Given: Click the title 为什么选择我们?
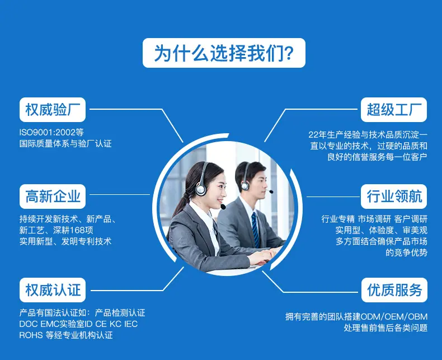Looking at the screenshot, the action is (x=224, y=53).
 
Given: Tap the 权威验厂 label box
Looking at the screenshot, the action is (x=53, y=110).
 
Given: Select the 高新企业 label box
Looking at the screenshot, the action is (x=53, y=197).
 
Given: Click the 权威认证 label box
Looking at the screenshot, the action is (x=53, y=290).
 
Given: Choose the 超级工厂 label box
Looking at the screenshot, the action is (x=394, y=110).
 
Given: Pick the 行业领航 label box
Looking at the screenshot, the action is (x=394, y=197).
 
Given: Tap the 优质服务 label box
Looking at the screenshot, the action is (x=394, y=290).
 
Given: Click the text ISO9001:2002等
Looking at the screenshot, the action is (x=51, y=132).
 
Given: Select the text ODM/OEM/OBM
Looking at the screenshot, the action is (x=394, y=316).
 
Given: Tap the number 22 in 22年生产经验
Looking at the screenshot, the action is (x=313, y=135).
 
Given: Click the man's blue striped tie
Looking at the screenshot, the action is (x=255, y=230).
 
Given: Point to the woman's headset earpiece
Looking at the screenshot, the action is (x=201, y=189).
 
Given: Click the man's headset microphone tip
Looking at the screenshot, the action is (x=271, y=192).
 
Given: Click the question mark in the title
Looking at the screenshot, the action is (x=289, y=53).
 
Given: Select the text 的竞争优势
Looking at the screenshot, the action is (x=407, y=253).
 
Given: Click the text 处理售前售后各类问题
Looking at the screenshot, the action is (x=385, y=328).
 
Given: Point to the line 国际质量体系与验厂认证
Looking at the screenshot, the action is (x=65, y=143).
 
